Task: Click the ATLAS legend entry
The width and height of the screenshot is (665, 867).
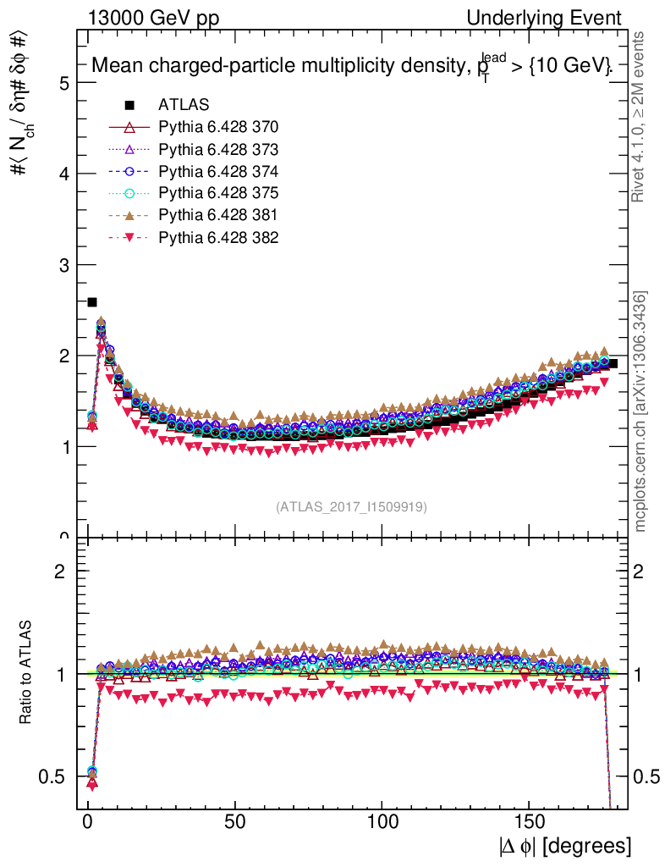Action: point(184,105)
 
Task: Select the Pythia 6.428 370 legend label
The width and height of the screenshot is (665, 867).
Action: point(217,127)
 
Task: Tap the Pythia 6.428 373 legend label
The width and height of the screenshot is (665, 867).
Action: point(217,149)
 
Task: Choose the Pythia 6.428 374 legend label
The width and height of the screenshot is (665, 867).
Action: point(217,171)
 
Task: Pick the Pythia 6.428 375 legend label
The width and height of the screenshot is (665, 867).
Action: point(217,193)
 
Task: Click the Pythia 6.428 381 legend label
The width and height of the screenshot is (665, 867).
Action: point(217,215)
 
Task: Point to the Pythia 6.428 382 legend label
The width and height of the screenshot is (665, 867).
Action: point(217,237)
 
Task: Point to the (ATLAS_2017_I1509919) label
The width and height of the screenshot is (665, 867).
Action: point(351,507)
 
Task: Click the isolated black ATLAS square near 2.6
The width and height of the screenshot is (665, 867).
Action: point(92,302)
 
